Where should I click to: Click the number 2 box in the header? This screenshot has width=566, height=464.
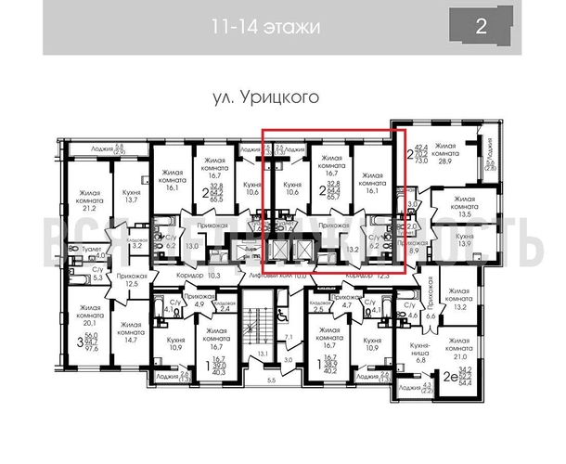click(x=481, y=25)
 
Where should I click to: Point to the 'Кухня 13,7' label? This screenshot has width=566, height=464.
click(x=132, y=195)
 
